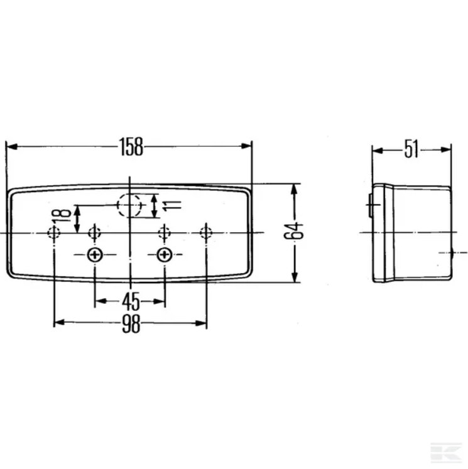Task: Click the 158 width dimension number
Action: pyautogui.click(x=131, y=146)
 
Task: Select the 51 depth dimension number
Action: pyautogui.click(x=411, y=149)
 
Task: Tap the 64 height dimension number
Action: pyautogui.click(x=293, y=230)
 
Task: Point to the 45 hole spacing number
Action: pyautogui.click(x=131, y=301)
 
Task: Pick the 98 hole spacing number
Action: pyautogui.click(x=131, y=324)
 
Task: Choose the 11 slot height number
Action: pyautogui.click(x=172, y=205)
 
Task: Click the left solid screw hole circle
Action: pyautogui.click(x=95, y=255)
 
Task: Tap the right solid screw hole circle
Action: pyautogui.click(x=165, y=255)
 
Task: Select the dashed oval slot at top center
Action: pyautogui.click(x=129, y=205)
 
